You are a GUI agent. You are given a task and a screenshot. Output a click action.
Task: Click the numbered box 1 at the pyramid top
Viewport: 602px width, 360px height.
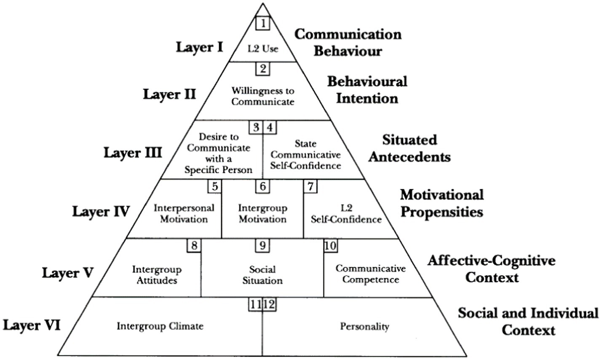(263, 23)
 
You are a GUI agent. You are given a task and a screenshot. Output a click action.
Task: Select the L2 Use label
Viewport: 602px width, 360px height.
(263, 48)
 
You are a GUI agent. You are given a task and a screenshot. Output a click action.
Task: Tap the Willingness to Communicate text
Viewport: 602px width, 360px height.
(263, 96)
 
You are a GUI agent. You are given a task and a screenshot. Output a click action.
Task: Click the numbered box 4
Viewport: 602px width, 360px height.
(270, 127)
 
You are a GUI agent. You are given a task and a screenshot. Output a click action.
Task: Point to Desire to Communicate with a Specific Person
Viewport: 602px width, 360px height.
(219, 153)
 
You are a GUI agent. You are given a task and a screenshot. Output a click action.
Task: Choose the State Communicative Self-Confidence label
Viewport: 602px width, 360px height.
(305, 155)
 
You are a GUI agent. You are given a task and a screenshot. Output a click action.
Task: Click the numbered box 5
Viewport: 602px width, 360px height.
(215, 186)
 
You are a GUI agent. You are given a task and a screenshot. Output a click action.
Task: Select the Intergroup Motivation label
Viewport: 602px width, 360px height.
(263, 213)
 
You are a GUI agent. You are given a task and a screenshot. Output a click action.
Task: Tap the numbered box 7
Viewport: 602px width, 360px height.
(311, 186)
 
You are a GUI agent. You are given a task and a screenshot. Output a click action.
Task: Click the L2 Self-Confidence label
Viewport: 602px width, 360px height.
(346, 213)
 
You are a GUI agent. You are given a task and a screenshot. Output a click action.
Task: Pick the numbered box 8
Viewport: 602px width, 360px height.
(194, 245)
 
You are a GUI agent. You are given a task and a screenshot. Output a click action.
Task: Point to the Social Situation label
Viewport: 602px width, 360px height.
(262, 274)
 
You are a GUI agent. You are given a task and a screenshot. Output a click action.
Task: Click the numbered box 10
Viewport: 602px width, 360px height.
(331, 245)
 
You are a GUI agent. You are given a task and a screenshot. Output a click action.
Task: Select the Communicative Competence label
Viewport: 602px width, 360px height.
(371, 274)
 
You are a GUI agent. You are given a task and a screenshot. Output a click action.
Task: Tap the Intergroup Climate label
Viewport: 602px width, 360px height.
(160, 326)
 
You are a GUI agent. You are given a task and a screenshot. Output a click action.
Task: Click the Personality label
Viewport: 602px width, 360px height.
(365, 326)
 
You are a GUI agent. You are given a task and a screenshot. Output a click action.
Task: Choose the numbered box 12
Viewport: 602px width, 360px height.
(270, 304)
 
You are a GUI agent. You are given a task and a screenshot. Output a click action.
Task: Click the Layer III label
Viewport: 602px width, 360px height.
(133, 152)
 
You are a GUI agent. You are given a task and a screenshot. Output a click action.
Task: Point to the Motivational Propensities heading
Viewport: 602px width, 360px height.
(442, 203)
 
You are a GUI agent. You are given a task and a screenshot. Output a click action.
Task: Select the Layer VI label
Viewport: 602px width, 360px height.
(32, 325)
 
